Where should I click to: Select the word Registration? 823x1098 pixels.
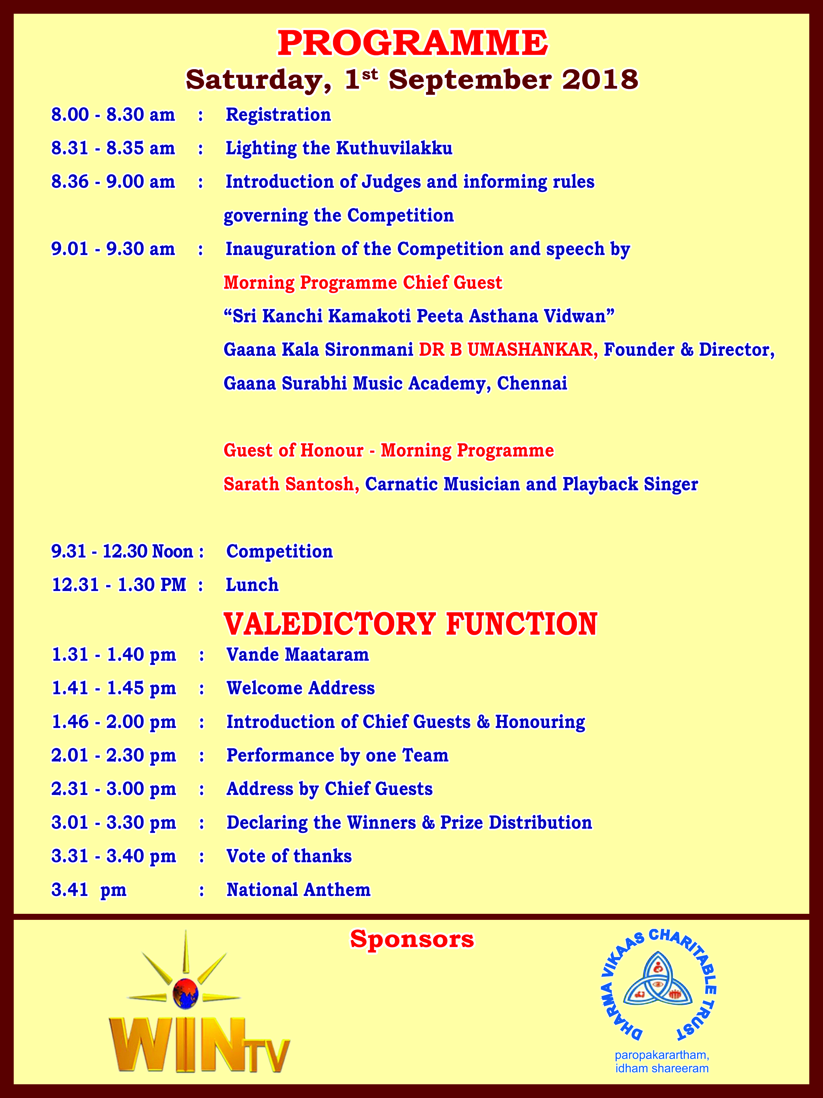(278, 115)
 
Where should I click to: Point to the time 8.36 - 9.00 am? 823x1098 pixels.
(113, 182)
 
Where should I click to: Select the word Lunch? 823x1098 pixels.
(252, 585)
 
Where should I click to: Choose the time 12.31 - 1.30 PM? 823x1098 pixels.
(119, 585)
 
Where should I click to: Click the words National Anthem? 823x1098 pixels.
(299, 890)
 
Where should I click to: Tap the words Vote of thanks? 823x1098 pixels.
(289, 856)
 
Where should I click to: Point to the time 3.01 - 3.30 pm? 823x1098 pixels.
(114, 822)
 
